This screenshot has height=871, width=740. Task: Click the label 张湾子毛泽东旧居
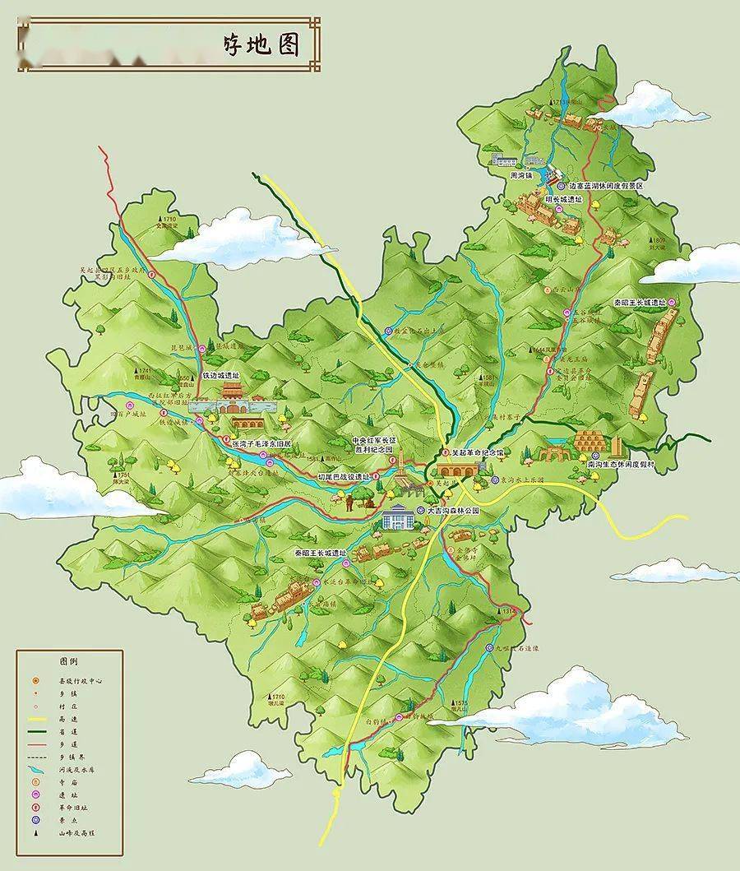(x=261, y=444)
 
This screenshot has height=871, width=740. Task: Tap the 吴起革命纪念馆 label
(x=477, y=453)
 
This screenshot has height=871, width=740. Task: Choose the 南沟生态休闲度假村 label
(x=621, y=465)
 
